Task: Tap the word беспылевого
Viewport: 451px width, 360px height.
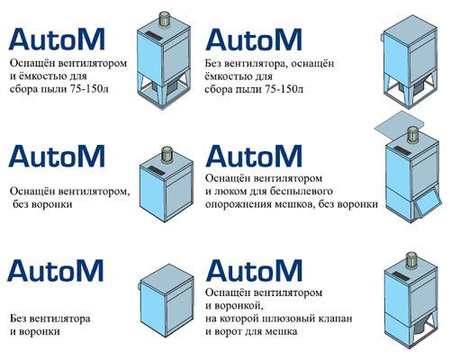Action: point(302,192)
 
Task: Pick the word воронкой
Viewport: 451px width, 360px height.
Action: point(238,306)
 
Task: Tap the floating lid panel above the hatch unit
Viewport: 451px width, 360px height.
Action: point(400,121)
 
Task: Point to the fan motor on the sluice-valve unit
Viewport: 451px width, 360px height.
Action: point(412,260)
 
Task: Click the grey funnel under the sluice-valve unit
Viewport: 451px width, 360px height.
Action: point(420,328)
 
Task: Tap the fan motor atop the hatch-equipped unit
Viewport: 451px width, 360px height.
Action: point(412,134)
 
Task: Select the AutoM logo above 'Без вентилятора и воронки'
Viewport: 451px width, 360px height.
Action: point(56,270)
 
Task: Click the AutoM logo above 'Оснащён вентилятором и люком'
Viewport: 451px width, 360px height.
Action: point(254,156)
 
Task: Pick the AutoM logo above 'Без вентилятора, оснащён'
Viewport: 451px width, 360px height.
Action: point(254,40)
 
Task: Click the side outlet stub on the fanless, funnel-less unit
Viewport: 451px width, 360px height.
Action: point(140,286)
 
